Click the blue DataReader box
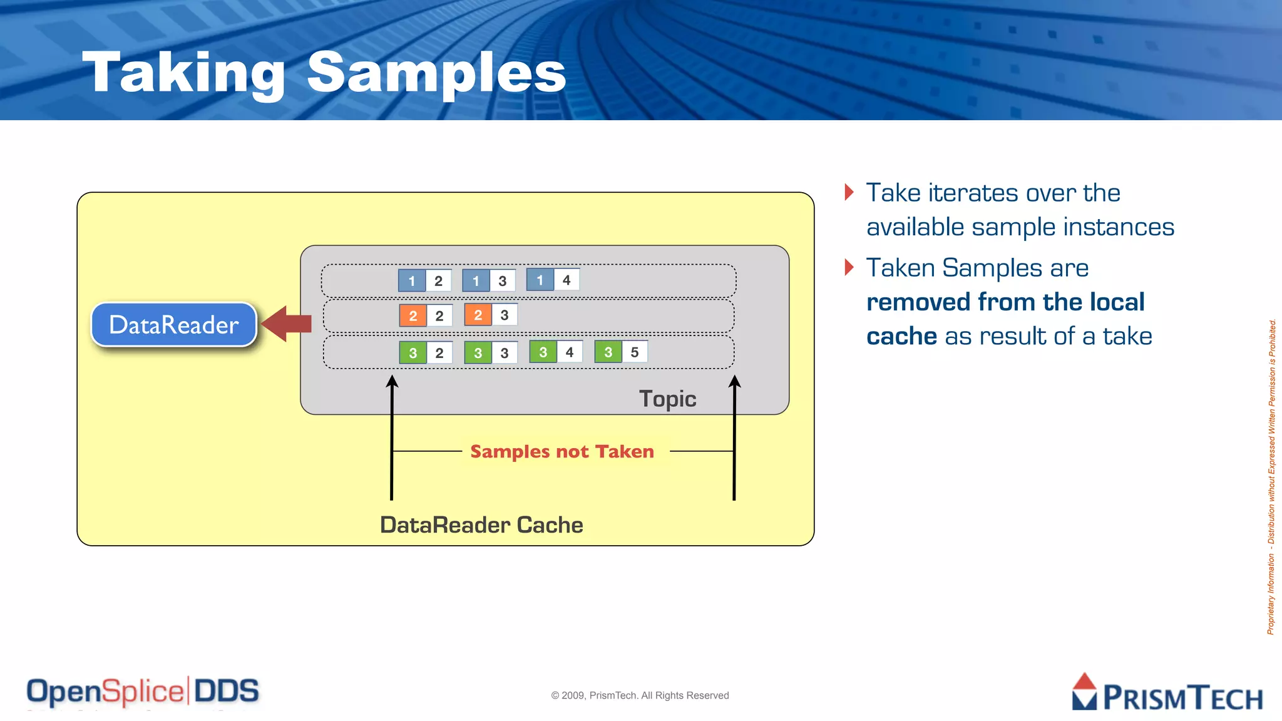coord(174,324)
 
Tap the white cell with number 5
coord(635,352)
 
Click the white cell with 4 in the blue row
coord(567,280)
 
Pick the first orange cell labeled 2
coord(413,315)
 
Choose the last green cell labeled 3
coord(608,352)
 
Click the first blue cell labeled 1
coord(412,280)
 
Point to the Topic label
coord(667,399)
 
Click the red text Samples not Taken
coord(562,451)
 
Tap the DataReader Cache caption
coord(481,524)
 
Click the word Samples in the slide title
coord(436,73)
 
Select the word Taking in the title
coord(183,74)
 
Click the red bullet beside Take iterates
coord(849,192)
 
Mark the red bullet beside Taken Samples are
coord(849,267)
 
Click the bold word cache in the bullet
coord(901,337)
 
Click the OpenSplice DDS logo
coord(143,692)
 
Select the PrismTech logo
coord(1167,693)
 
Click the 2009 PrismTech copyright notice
coord(640,695)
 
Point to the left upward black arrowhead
coord(392,381)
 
